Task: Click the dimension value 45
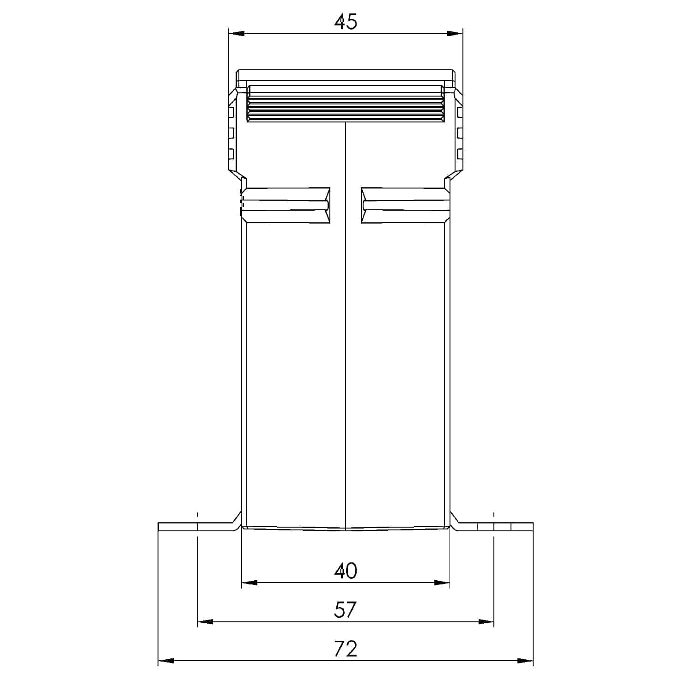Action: coord(346,22)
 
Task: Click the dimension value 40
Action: coord(346,571)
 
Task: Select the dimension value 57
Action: coord(346,610)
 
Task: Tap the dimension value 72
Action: coord(346,649)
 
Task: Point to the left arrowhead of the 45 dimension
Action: coord(236,33)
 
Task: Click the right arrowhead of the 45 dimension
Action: coord(456,33)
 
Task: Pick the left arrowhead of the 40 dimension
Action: coord(249,583)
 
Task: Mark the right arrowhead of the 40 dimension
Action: coord(443,583)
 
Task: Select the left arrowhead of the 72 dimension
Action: coord(166,661)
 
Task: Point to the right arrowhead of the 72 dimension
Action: coord(526,661)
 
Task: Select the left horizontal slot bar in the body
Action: coord(286,205)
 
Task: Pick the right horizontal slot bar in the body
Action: coord(405,205)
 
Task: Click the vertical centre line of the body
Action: coord(346,323)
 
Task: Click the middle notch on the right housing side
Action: coord(460,133)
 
